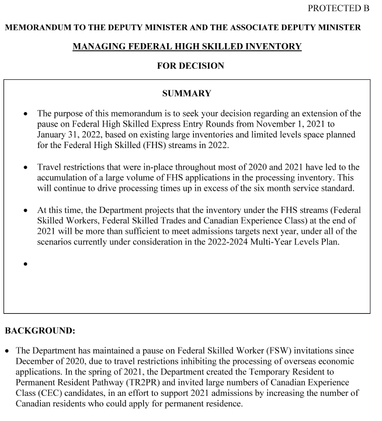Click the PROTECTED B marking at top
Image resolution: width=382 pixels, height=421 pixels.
coord(339,8)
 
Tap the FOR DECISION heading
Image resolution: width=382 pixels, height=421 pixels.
coord(190,66)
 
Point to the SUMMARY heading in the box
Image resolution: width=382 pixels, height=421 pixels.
coord(186,93)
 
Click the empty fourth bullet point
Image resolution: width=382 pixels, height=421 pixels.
coord(26,264)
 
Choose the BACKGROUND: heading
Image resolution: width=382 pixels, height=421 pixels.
coord(40,331)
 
